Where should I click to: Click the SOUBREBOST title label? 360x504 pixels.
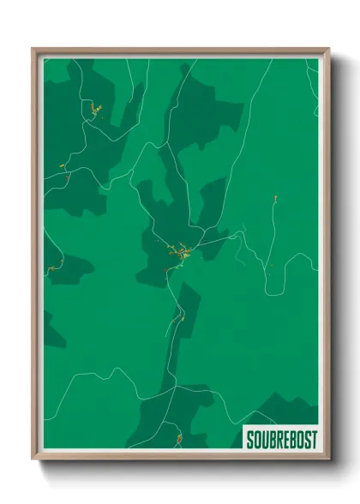coord(281,440)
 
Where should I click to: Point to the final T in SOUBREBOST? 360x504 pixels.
coord(313,440)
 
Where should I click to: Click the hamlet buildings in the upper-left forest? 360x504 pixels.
coord(92,109)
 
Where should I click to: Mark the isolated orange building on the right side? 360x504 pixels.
coord(275,200)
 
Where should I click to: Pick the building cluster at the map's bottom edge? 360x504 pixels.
coord(178,440)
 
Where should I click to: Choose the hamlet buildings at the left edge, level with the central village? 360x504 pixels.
coord(54,267)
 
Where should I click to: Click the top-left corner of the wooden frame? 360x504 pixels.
coord(33,49)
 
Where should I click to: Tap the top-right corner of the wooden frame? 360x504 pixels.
coord(329,49)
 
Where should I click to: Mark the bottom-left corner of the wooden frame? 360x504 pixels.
coord(33,461)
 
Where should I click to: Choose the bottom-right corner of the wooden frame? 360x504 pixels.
coord(329,461)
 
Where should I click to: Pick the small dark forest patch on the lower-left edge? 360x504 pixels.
coord(53,330)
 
